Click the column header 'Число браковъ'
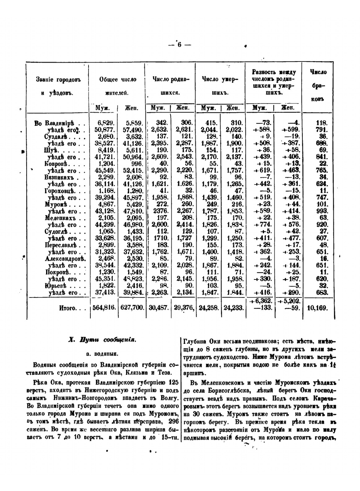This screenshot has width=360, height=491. (318, 85)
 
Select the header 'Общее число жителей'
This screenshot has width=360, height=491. (118, 86)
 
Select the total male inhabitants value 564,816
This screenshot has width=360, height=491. (103, 308)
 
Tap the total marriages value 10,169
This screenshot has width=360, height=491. (318, 308)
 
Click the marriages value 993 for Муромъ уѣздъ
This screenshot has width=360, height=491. (321, 211)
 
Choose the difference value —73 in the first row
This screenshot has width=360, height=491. (265, 123)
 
